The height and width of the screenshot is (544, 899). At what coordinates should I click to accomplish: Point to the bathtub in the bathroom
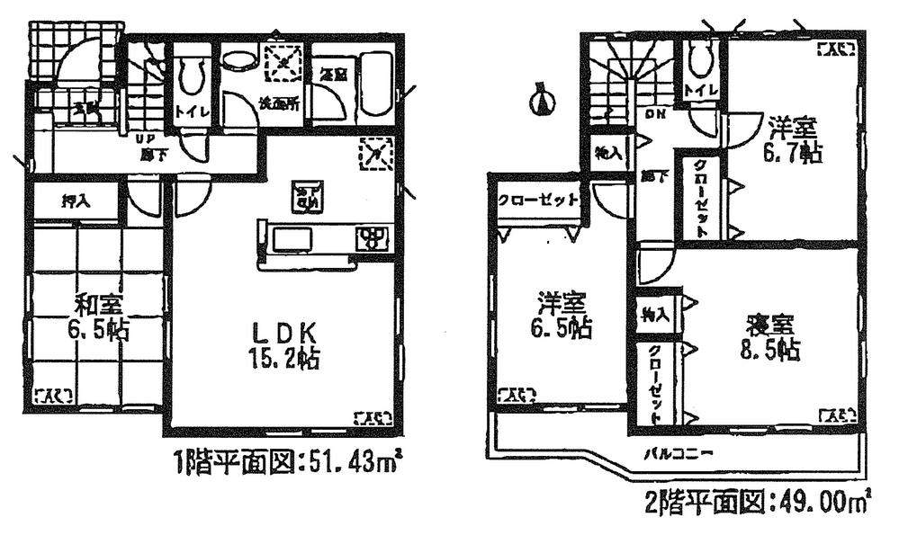pyautogui.click(x=373, y=83)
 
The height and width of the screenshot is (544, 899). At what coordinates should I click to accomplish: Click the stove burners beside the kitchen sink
pyautogui.click(x=371, y=239)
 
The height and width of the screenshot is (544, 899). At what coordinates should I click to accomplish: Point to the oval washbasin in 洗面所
pyautogui.click(x=238, y=60)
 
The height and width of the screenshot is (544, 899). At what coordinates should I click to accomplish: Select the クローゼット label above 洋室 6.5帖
pyautogui.click(x=536, y=201)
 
